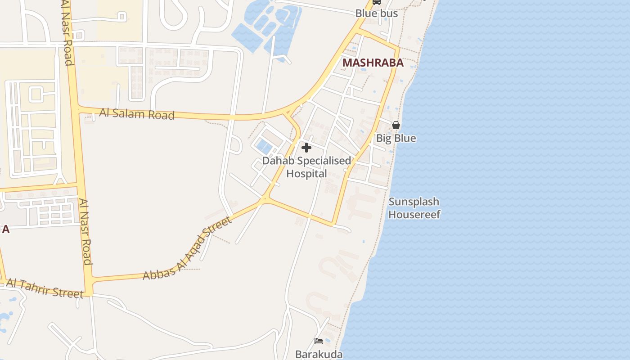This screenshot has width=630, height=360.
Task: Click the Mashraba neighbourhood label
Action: (373, 63)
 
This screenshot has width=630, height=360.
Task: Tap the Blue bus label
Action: (377, 13)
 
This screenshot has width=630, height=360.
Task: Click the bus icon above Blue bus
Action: (377, 2)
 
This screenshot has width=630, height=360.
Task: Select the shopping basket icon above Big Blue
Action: (396, 125)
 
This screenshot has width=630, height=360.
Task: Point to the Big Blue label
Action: (396, 138)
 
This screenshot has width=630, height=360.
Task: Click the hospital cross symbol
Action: (306, 148)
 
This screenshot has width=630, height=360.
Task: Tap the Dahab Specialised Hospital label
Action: (306, 167)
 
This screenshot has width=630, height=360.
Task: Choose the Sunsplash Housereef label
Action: (414, 208)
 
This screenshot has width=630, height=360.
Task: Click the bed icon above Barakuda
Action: (319, 341)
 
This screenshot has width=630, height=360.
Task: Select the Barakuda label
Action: (319, 354)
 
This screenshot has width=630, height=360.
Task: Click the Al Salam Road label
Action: (137, 113)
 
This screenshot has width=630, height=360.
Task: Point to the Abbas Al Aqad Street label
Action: (188, 248)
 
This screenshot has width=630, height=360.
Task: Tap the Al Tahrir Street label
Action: (45, 288)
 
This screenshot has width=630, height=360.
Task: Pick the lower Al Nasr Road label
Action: (86, 232)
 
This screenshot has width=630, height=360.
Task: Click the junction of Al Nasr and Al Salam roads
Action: (77, 109)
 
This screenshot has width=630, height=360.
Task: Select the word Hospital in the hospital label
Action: (306, 174)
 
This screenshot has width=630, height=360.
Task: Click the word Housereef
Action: (414, 214)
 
